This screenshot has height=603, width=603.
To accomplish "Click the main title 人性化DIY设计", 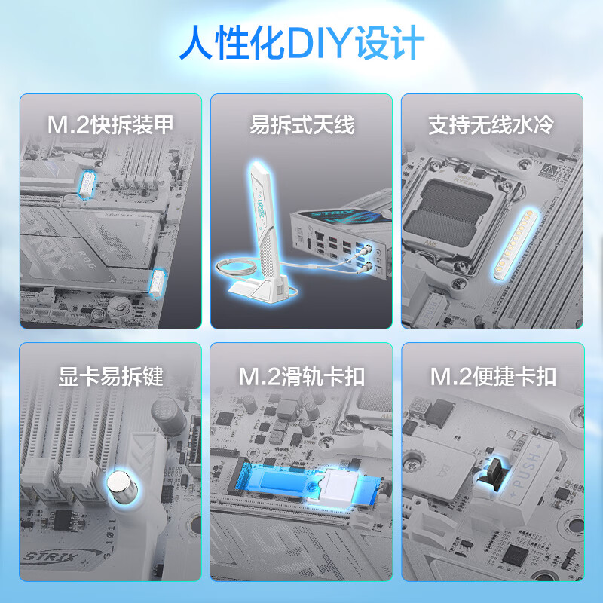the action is point(302,43).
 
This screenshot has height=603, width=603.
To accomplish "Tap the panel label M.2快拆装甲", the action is point(110,124).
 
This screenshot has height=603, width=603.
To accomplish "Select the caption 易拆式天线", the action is point(302,124).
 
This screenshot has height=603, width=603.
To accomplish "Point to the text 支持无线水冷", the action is point(491,124).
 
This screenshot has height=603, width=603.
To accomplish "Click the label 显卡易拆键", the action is point(111,376).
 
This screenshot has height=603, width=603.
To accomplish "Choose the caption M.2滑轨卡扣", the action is point(301,376).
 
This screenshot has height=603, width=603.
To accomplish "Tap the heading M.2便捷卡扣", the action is point(493,376).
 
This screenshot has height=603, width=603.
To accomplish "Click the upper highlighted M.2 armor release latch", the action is point(87,185).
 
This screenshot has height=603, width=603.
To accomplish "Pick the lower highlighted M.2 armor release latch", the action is point(158,283).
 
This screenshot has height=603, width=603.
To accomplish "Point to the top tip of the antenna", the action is point(256,164).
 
